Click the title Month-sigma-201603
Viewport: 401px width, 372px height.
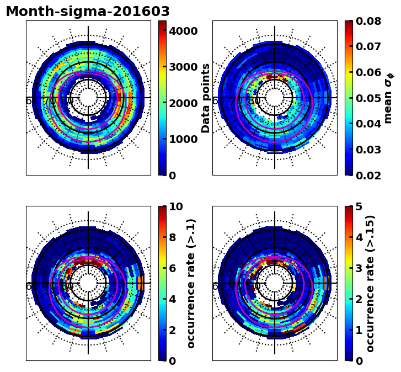pos(88,12)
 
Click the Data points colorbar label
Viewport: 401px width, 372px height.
pos(206,98)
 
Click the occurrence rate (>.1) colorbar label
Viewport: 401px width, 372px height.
pos(191,283)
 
